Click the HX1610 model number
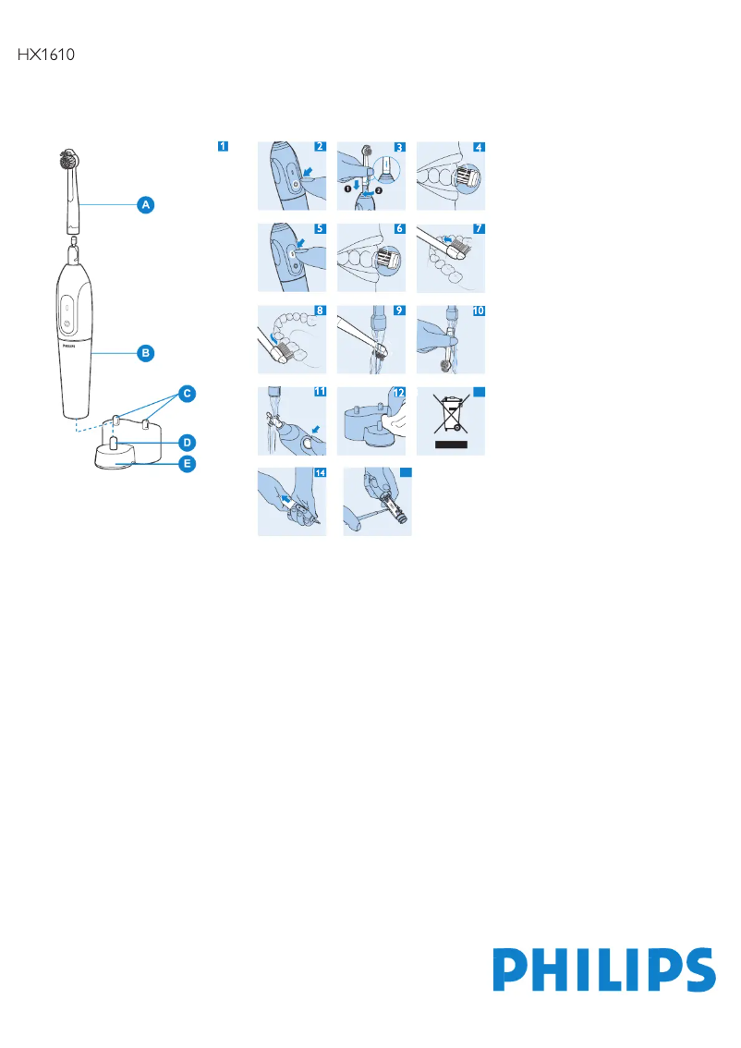[x=45, y=55]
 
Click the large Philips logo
[x=603, y=970]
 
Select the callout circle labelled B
[x=146, y=352]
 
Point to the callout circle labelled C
[x=187, y=395]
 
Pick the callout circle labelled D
[x=187, y=442]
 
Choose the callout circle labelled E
[x=187, y=465]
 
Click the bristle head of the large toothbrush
[x=67, y=159]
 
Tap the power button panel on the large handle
[x=67, y=316]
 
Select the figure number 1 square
[x=223, y=146]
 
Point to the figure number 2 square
[x=320, y=146]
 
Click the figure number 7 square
[x=478, y=228]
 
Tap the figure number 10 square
[x=478, y=311]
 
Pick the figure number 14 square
[x=320, y=472]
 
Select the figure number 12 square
[x=398, y=392]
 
